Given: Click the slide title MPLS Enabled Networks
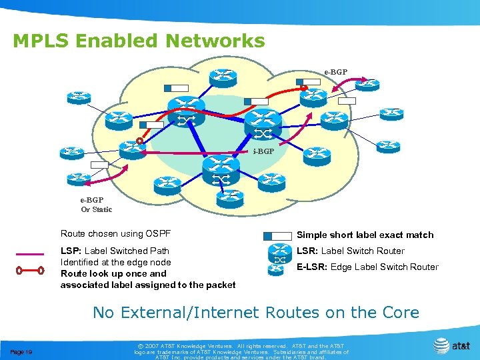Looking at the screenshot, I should pos(139,41).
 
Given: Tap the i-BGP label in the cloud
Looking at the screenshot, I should pos(263,151).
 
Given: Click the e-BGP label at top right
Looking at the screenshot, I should pos(335,71).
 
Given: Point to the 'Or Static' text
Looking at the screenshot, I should pos(97,209).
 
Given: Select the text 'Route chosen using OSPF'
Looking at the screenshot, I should pos(115,233).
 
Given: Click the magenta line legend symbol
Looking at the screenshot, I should pos(30,254).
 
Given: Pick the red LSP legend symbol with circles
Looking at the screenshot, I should pos(30,271).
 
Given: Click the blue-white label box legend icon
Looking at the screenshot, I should pos(277,235).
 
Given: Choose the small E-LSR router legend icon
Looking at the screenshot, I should pos(275,270).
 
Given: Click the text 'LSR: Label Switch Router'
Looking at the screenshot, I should pos(350,251).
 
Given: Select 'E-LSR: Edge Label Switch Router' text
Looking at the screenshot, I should pos(367,267).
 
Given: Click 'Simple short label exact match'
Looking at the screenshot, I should pos(365,235).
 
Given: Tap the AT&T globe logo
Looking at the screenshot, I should pos(441,345).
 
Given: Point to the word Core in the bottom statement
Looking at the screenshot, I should pos(397,312).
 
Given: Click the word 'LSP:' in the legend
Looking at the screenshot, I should pos(71,251).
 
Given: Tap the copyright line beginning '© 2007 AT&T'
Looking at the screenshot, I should pos(241,347).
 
